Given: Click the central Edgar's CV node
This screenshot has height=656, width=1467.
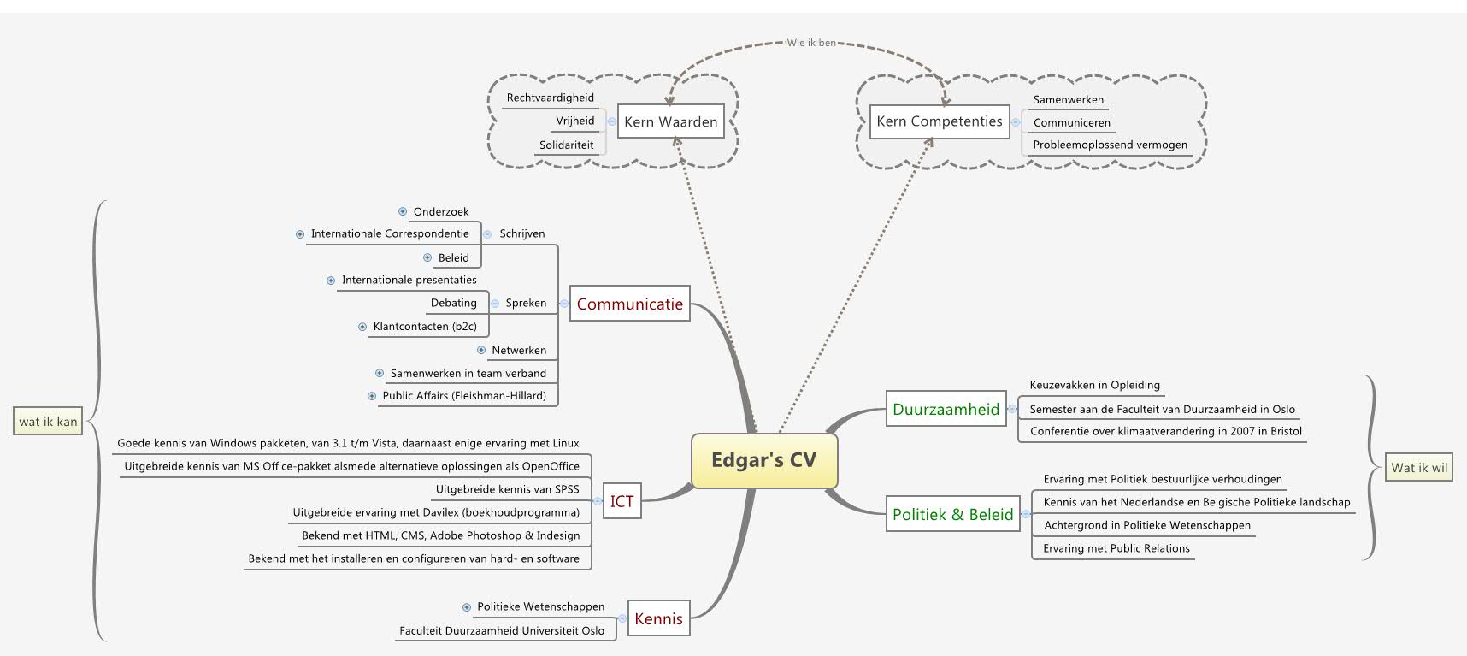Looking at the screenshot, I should [763, 460].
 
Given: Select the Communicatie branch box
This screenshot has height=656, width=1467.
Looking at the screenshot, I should [629, 304].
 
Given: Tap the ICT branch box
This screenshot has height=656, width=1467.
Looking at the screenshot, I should [622, 501].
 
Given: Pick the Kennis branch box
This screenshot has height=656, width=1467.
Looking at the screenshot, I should [658, 619].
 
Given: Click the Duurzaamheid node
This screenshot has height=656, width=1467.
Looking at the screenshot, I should [946, 409].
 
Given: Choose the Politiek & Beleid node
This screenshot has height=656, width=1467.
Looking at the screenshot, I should [952, 514].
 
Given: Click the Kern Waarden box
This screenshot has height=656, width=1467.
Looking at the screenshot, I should [670, 121].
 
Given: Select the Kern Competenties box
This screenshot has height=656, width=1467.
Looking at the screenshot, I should [939, 121].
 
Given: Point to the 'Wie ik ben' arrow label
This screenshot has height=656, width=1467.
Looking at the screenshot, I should [811, 42].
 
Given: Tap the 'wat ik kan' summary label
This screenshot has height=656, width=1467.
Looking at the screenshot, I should [49, 421].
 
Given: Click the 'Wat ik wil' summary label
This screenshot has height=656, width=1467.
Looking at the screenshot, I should [1419, 467].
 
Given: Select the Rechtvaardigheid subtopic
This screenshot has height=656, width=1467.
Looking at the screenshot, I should [550, 98].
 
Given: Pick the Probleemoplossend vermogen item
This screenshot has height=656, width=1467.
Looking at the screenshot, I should [1110, 145].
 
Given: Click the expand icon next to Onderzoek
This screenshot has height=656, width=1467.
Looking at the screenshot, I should [403, 211].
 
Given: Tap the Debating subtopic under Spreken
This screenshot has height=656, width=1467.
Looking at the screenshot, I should [453, 303].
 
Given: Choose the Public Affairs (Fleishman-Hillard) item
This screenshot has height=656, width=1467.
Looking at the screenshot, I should [464, 395].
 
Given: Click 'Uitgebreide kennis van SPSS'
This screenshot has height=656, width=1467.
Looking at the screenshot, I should [507, 489].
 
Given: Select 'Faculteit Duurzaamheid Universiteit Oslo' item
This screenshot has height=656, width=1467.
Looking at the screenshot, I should [502, 630].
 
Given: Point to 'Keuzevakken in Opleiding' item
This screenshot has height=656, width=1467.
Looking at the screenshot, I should [1094, 385].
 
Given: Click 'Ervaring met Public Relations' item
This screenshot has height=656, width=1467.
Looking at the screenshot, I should [1116, 548].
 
